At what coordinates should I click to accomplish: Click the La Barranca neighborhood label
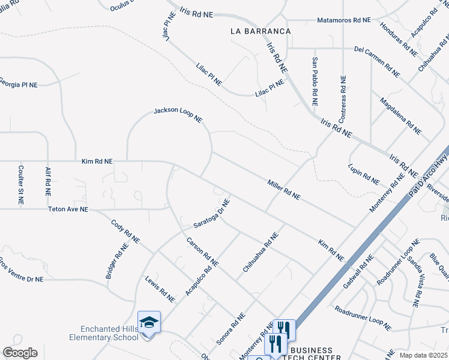pos(261,31)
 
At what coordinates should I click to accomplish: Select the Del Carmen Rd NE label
pos(377,62)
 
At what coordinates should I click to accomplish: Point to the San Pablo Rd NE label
pos(314,81)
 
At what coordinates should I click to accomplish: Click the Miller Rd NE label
pos(283,189)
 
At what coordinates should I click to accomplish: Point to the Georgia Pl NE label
pos(18,84)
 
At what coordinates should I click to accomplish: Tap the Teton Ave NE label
pos(68,209)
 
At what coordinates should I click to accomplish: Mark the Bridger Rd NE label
pos(117,261)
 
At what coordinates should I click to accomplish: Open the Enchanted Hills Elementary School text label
pos(110,333)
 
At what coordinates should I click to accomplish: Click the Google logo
pos(20,352)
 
